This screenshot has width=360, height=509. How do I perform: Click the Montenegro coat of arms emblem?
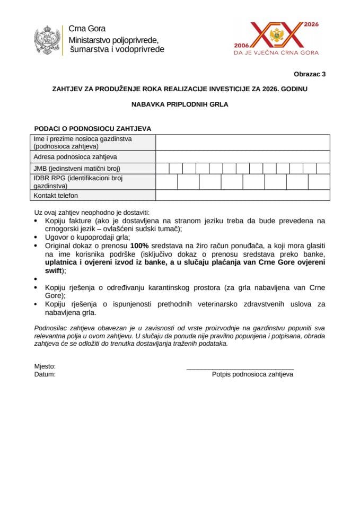(47, 40)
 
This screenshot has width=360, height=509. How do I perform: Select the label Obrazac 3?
(310, 74)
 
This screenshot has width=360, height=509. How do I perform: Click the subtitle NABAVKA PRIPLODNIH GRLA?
(180, 104)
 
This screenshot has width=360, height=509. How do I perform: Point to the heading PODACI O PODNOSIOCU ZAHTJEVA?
(93, 128)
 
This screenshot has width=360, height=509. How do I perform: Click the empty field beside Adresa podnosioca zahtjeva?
(242, 157)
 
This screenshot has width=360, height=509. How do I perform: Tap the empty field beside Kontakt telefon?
(242, 196)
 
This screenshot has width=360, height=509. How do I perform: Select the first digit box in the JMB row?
(162, 169)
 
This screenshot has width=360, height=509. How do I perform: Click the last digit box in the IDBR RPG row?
(319, 182)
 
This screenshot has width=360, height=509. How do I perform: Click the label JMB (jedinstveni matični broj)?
(77, 169)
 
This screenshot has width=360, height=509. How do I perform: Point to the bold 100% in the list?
(139, 246)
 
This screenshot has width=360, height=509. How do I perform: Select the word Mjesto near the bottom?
(45, 366)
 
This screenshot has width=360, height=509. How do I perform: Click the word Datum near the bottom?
(45, 374)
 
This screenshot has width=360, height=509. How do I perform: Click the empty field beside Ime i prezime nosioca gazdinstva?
(242, 143)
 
